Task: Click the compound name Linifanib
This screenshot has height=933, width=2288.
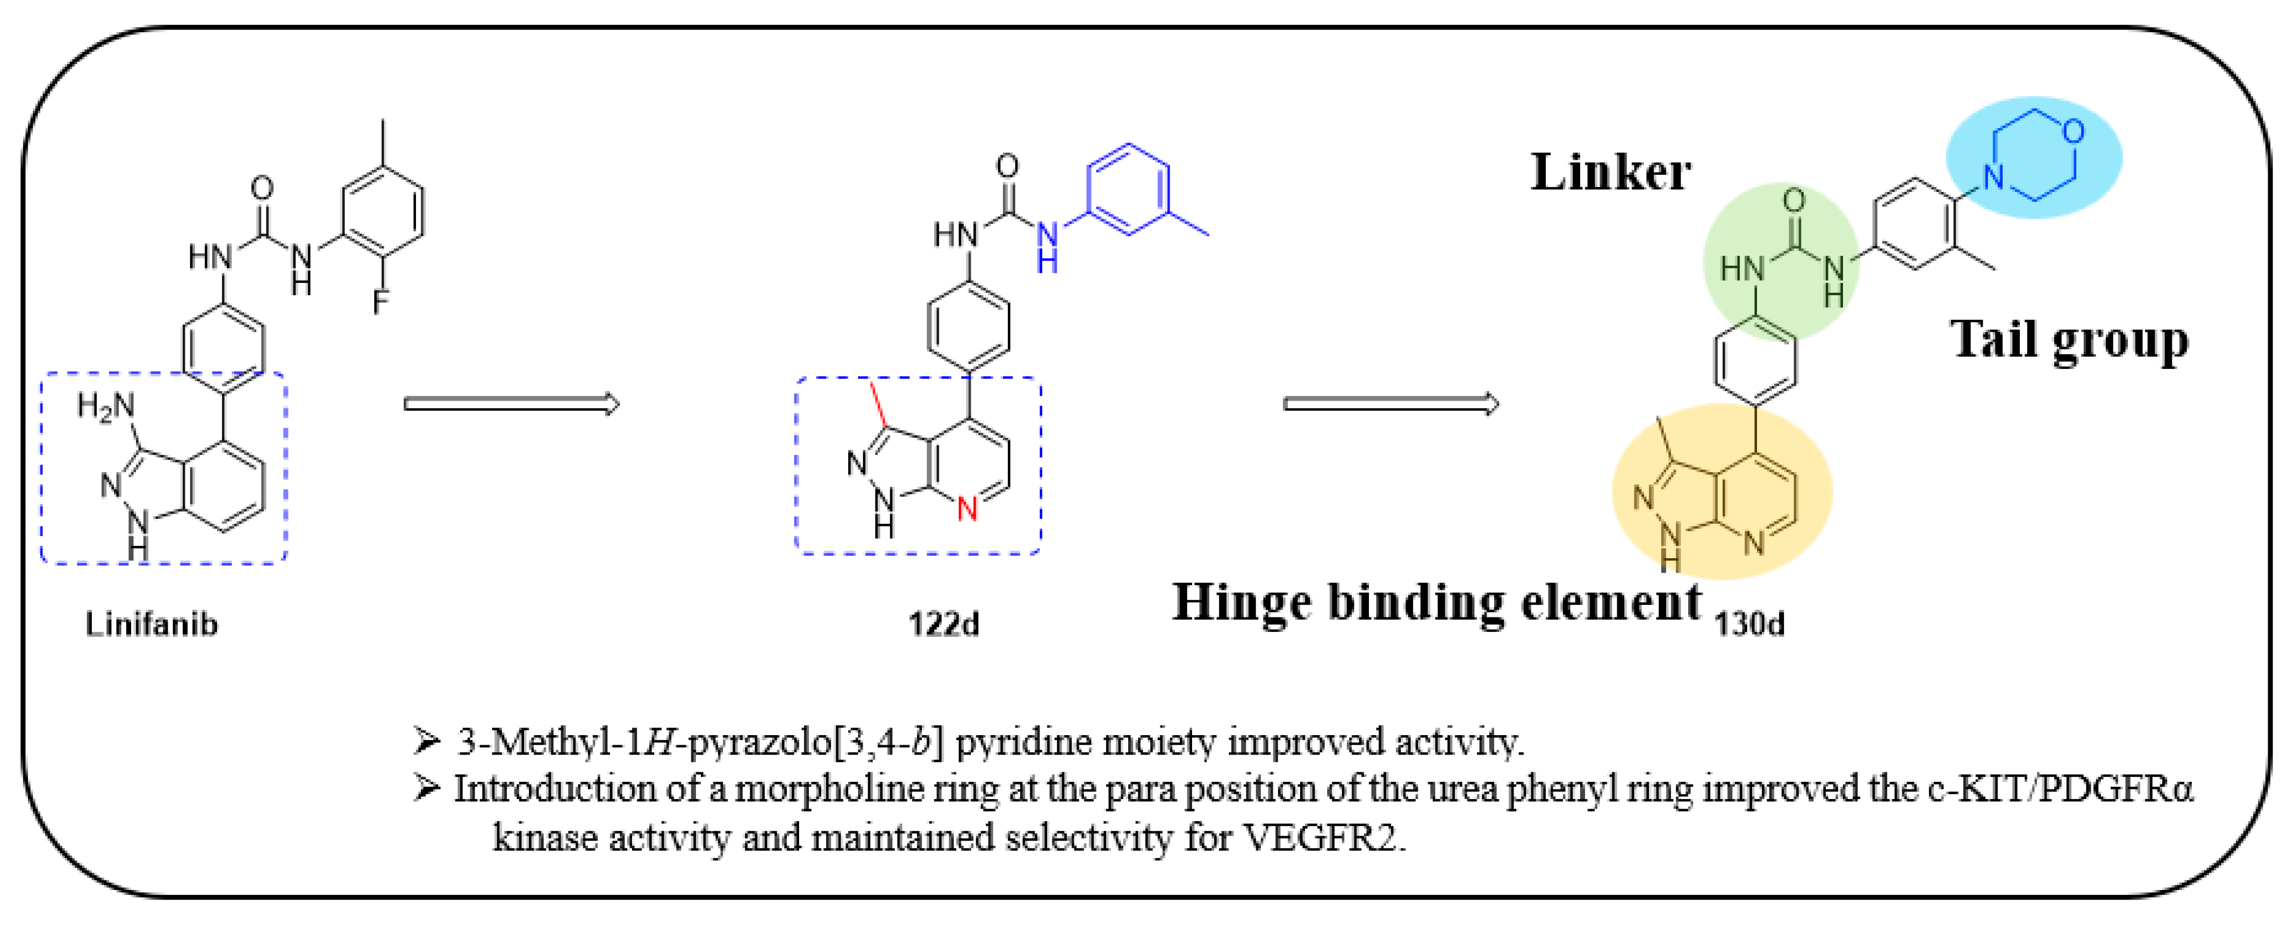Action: [151, 625]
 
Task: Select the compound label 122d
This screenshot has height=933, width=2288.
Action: [943, 625]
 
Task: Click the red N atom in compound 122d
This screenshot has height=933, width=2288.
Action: [967, 510]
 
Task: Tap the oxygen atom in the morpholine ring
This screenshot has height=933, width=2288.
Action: [2073, 132]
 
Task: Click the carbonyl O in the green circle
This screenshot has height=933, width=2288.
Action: [1794, 201]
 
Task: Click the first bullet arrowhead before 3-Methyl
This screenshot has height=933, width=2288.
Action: [426, 740]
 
